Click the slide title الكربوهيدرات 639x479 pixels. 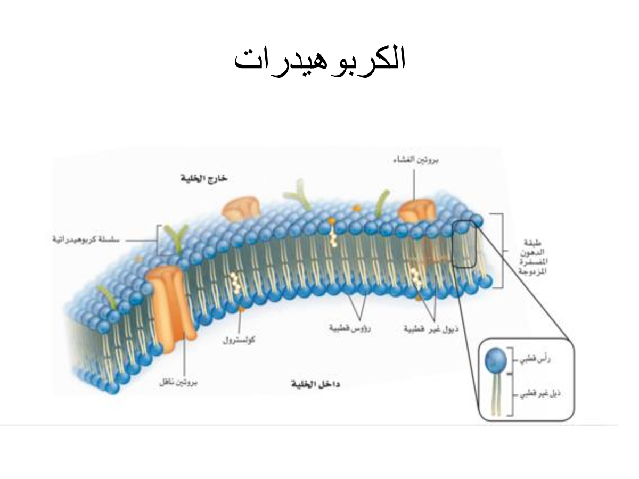click(319, 60)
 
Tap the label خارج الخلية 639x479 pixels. click(203, 179)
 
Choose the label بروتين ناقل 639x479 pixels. click(179, 383)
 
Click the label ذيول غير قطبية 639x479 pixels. click(431, 329)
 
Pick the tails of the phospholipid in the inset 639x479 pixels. click(496, 394)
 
